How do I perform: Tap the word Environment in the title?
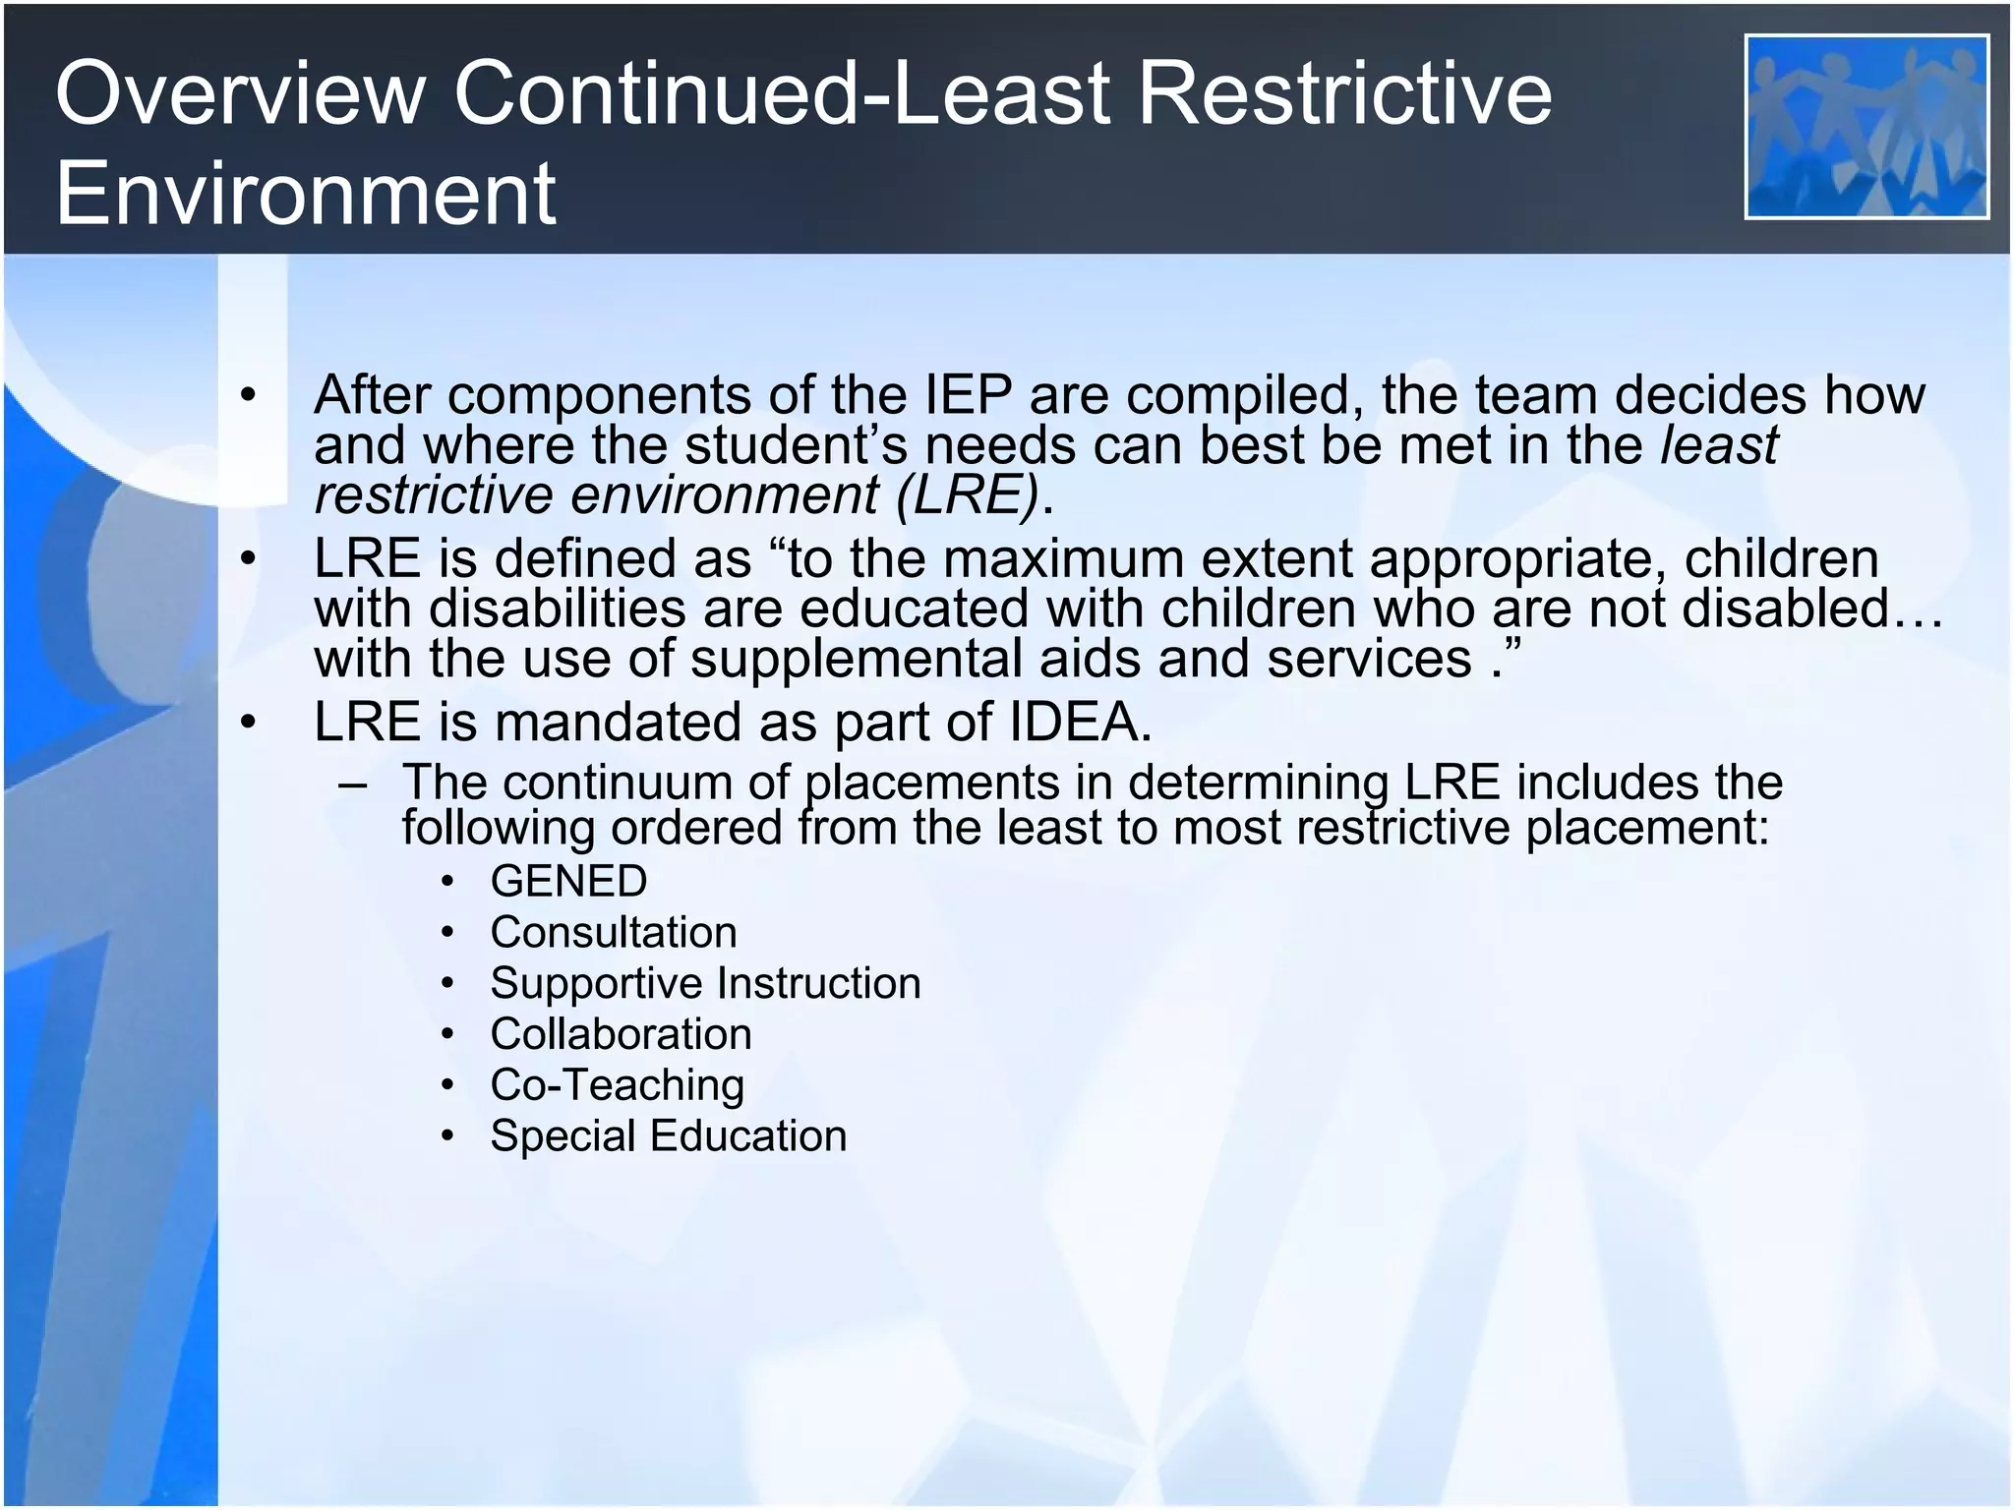click(306, 193)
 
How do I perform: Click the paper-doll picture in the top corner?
click(1866, 127)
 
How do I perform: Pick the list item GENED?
click(568, 881)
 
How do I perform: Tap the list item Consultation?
click(614, 932)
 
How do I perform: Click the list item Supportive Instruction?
click(705, 983)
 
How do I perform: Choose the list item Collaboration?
click(621, 1034)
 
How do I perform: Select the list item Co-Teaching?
click(617, 1085)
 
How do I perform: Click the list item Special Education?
click(668, 1136)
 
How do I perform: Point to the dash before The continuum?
click(351, 784)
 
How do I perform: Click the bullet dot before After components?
click(248, 396)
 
